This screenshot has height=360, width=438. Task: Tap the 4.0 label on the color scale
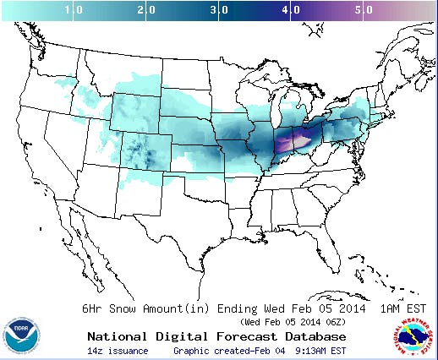pyautogui.click(x=291, y=11)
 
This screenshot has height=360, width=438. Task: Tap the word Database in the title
pyautogui.click(x=303, y=335)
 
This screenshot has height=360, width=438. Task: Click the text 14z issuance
pyautogui.click(x=118, y=351)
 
